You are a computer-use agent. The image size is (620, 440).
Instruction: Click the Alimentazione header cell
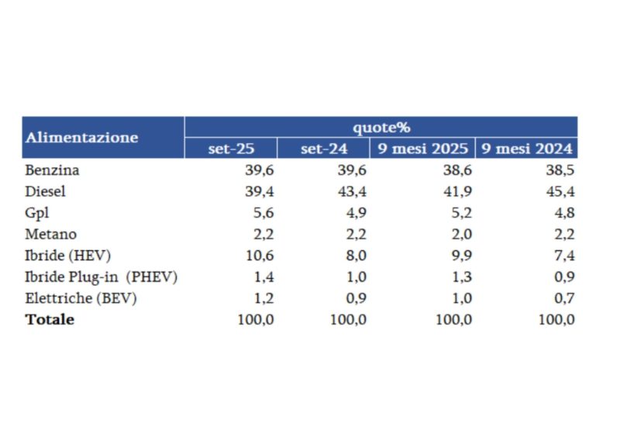[81, 138]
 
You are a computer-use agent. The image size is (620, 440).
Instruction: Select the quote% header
[381, 127]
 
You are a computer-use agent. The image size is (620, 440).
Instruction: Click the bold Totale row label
[50, 319]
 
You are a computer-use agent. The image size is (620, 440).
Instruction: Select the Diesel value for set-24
[353, 191]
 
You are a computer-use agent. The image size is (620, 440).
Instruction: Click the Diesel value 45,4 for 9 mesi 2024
[560, 191]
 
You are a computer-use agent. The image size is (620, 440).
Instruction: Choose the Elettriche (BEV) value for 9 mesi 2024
[563, 298]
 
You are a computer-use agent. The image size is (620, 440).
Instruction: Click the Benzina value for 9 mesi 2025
[457, 170]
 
